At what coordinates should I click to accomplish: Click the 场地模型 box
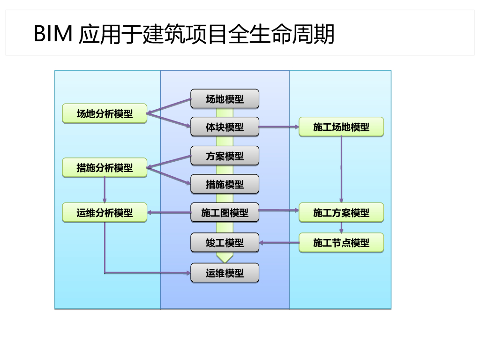(225, 99)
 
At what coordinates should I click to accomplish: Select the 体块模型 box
(225, 127)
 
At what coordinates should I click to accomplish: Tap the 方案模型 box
(225, 156)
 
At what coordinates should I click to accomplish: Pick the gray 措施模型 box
(225, 184)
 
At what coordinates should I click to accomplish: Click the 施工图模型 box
(225, 212)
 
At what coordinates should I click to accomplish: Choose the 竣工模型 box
(225, 243)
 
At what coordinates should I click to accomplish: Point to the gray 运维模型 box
(225, 273)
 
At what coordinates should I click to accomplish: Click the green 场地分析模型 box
(105, 113)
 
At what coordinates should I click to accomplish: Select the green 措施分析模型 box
(105, 167)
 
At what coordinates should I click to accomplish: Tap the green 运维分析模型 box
(105, 212)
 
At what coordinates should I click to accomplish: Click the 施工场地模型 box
(341, 127)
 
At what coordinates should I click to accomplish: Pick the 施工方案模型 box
(341, 212)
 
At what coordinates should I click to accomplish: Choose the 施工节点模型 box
(341, 243)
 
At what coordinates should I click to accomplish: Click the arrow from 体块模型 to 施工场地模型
(279, 127)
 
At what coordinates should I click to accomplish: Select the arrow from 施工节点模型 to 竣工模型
(279, 243)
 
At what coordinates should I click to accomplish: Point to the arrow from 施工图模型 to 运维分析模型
(169, 212)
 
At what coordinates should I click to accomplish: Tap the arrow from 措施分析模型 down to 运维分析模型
(105, 190)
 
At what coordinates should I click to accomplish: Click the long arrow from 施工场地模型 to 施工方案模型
(341, 170)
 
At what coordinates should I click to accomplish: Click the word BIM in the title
(53, 33)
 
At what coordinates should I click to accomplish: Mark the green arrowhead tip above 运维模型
(225, 262)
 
